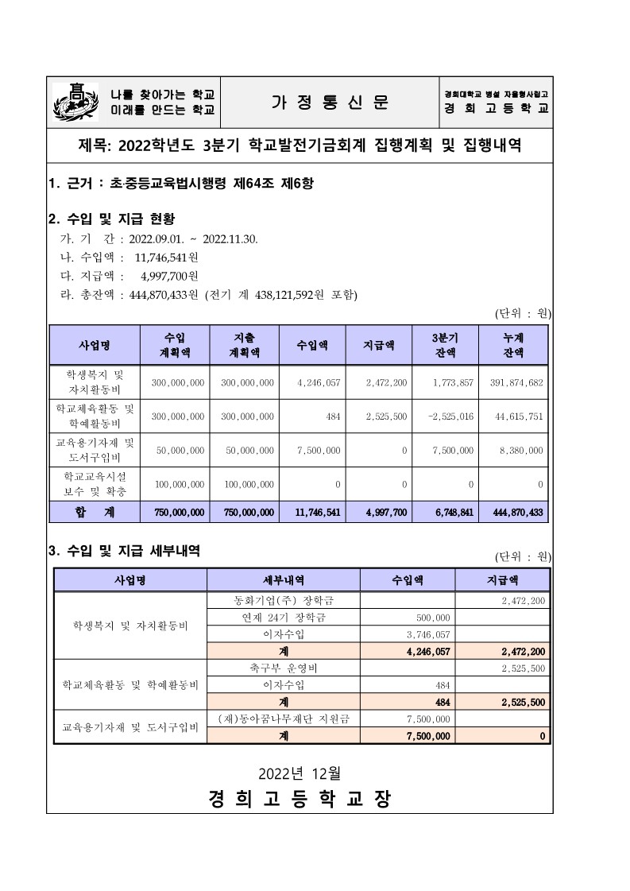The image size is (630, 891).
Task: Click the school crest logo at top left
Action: [75, 102]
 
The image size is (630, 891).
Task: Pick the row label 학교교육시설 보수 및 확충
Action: [95, 483]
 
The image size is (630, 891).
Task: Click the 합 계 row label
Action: [95, 513]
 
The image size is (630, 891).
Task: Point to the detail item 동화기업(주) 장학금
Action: [284, 600]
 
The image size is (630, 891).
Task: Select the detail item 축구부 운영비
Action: [284, 667]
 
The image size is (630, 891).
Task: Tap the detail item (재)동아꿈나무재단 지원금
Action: [284, 719]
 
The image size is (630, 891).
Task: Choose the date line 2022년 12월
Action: [300, 772]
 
